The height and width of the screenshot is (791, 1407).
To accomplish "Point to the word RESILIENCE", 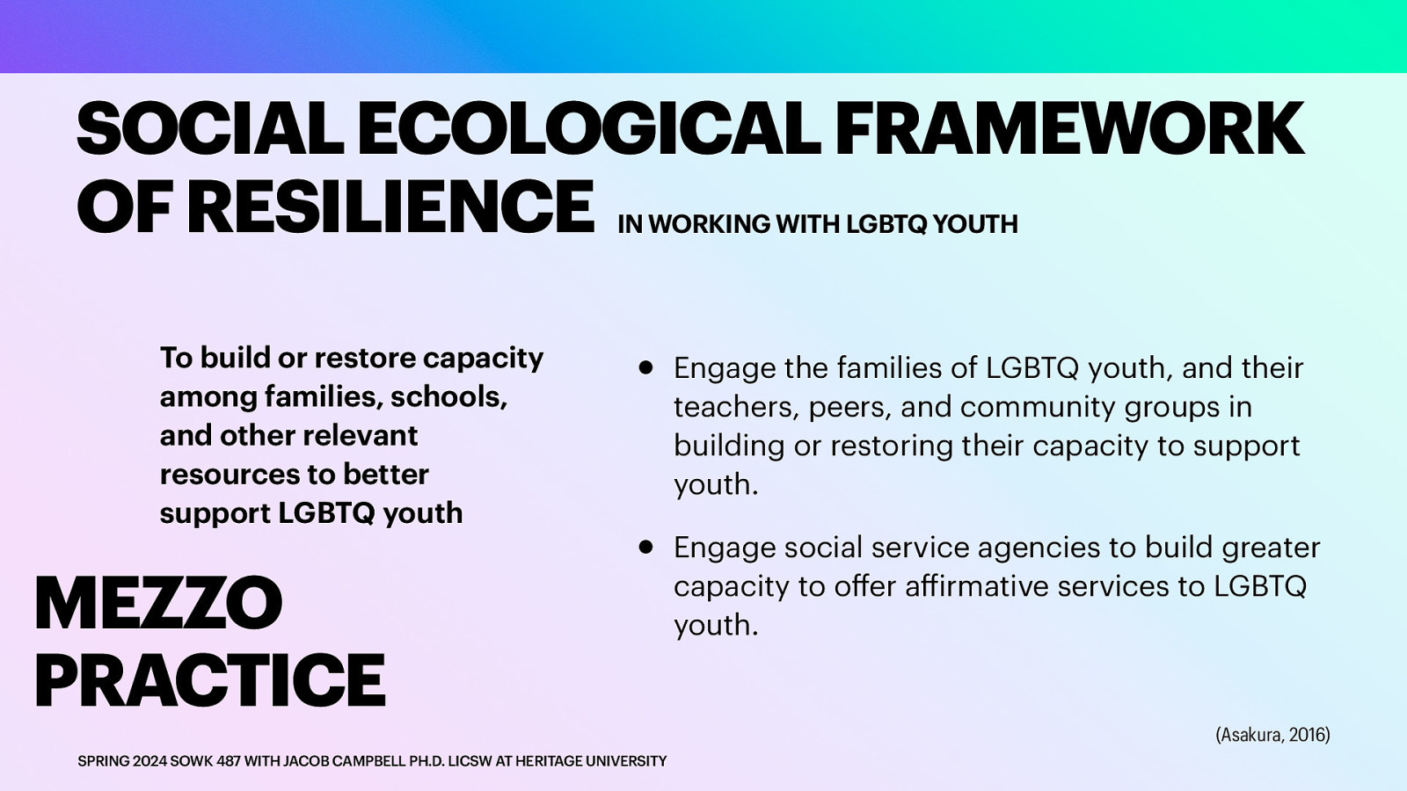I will (x=390, y=207).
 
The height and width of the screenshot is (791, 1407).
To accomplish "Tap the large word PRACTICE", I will (x=209, y=679).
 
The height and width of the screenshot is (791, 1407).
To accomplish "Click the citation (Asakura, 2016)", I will (x=1272, y=735).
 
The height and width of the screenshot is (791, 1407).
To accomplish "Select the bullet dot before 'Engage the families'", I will (x=646, y=368).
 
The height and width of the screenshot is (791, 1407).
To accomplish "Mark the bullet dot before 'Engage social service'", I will (x=646, y=548).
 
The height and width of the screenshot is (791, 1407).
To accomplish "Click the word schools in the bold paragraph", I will (x=448, y=396).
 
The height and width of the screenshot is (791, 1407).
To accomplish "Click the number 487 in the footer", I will (x=229, y=761).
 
